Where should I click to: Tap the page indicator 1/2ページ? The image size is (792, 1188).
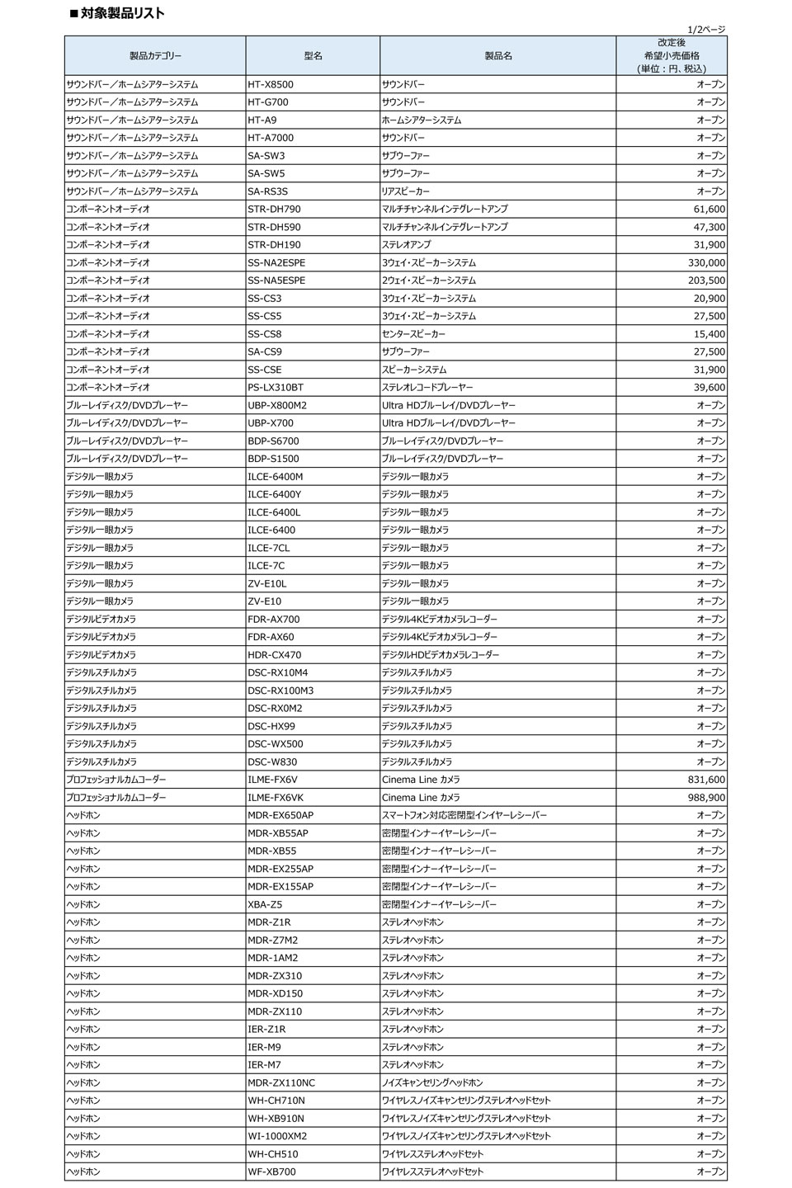[705, 30]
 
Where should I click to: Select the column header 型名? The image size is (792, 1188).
[313, 56]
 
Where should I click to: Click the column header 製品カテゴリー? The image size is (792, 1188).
[155, 56]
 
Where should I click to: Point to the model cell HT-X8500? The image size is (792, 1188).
[271, 85]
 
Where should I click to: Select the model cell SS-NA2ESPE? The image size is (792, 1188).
[276, 263]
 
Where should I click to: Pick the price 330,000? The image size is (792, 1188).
[706, 263]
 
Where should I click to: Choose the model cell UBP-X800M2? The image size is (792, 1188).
[277, 406]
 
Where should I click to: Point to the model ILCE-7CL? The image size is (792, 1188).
[269, 548]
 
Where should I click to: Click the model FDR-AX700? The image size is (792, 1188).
[274, 620]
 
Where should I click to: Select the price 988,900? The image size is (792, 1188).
[706, 798]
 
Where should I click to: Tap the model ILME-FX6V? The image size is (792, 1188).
[273, 780]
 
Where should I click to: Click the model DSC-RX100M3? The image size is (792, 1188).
[280, 691]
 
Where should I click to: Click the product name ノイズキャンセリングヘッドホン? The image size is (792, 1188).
[432, 1082]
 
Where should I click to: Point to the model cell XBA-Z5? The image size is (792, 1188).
[265, 904]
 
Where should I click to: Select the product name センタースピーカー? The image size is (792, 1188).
[413, 334]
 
